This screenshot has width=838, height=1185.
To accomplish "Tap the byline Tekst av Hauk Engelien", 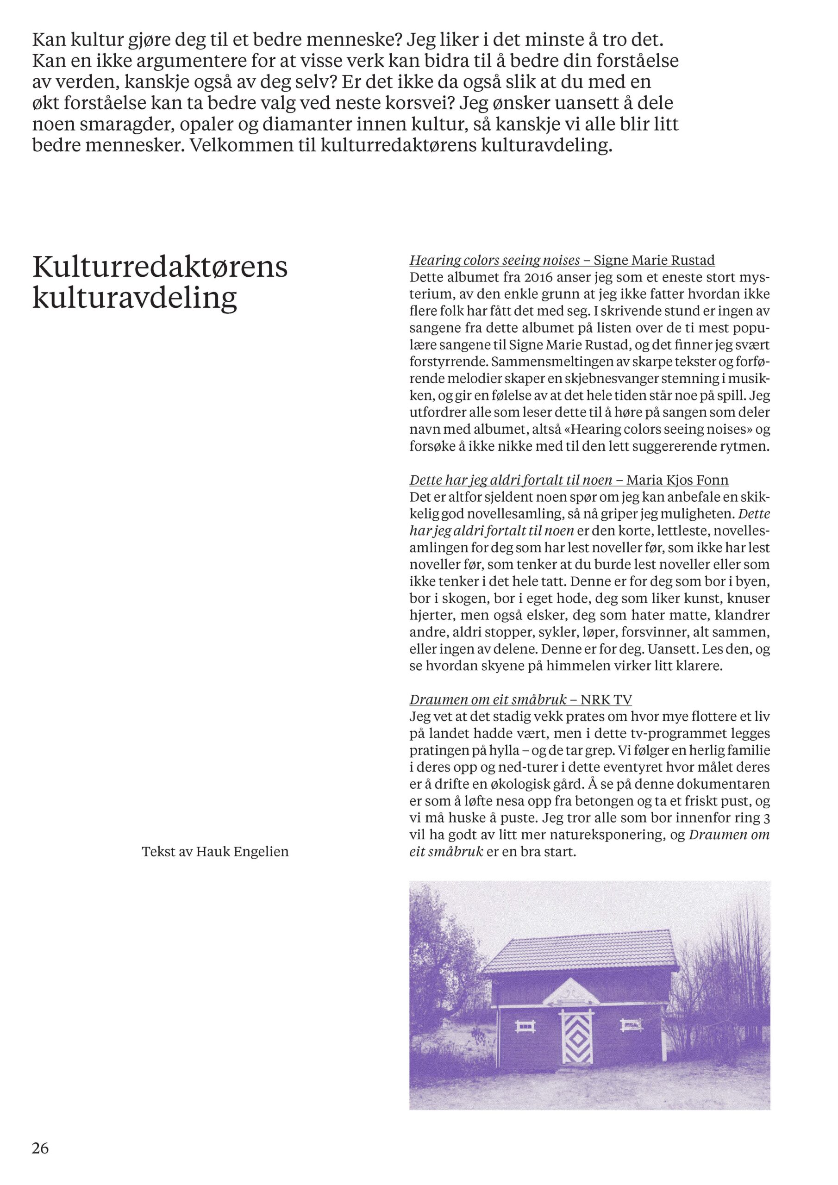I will pos(215,852).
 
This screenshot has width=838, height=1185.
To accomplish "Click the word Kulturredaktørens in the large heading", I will pos(160,267).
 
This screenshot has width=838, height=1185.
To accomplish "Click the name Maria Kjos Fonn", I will pos(677,480).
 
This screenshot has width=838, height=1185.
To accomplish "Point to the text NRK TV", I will pos(606,700).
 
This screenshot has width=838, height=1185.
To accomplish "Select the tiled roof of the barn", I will pos(579,951).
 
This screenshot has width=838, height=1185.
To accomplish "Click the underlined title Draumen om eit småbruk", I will pos(488,700).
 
